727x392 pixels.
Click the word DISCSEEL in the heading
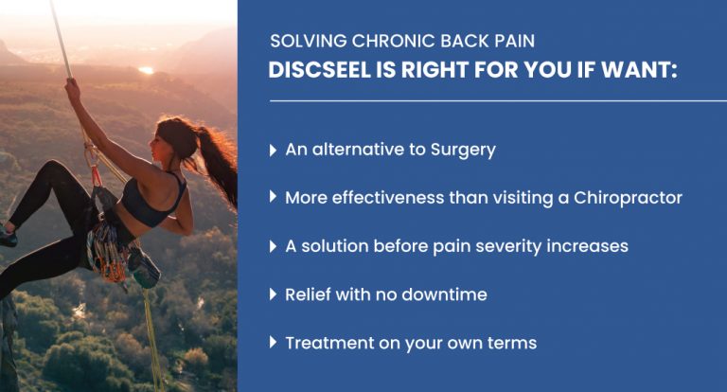click(318, 72)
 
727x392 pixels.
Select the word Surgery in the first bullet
click(461, 151)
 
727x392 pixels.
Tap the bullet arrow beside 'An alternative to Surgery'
click(275, 151)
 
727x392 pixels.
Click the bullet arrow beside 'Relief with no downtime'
click(275, 294)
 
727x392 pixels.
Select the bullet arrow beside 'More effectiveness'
click(275, 198)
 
